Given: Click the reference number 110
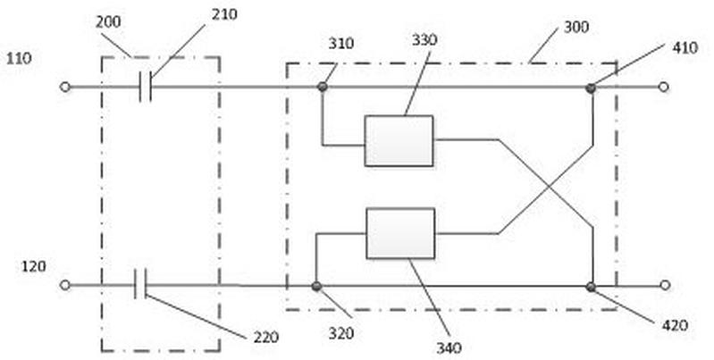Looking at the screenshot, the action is (x=19, y=59).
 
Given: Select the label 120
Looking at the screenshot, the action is (x=34, y=266).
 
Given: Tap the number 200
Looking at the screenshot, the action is (x=108, y=21).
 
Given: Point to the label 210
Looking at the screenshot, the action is (x=224, y=14).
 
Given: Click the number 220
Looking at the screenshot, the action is (x=266, y=338).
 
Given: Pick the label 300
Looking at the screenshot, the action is (x=576, y=27).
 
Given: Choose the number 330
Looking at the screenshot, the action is (x=424, y=40).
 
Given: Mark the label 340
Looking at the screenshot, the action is (x=449, y=348).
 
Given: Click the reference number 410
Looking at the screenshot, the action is (x=685, y=47).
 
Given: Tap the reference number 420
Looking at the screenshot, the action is (x=675, y=325).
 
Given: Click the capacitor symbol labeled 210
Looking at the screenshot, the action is (x=146, y=87).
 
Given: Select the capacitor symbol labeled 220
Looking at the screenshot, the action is (x=140, y=284).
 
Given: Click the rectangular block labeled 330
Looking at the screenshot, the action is (x=399, y=140).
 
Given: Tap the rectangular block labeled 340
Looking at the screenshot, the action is (x=400, y=233).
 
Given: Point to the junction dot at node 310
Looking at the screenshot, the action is (x=323, y=87).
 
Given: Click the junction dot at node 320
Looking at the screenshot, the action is (x=316, y=286).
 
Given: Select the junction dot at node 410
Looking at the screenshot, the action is (x=591, y=88).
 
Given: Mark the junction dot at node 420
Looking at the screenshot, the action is (x=591, y=287).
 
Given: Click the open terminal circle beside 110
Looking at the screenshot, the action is (x=65, y=87).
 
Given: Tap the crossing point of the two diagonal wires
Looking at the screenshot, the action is (x=549, y=187).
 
